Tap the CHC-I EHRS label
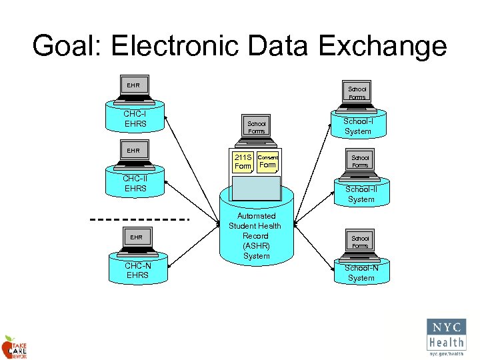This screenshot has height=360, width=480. (x=135, y=119)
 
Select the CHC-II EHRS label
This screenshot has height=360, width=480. (x=135, y=183)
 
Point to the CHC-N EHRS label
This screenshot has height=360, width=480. (x=138, y=271)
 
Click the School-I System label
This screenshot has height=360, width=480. (x=358, y=127)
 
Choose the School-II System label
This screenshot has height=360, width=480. (x=361, y=194)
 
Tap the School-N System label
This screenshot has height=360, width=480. (x=361, y=273)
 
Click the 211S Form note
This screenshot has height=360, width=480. (x=243, y=161)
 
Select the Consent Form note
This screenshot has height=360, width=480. (x=267, y=161)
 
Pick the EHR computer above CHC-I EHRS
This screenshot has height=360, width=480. (x=134, y=89)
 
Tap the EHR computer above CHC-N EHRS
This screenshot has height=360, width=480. (x=136, y=241)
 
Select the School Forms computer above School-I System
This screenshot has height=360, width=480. (x=357, y=93)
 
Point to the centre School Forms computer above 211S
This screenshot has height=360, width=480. (x=256, y=127)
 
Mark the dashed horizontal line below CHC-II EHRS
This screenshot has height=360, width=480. (x=141, y=219)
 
